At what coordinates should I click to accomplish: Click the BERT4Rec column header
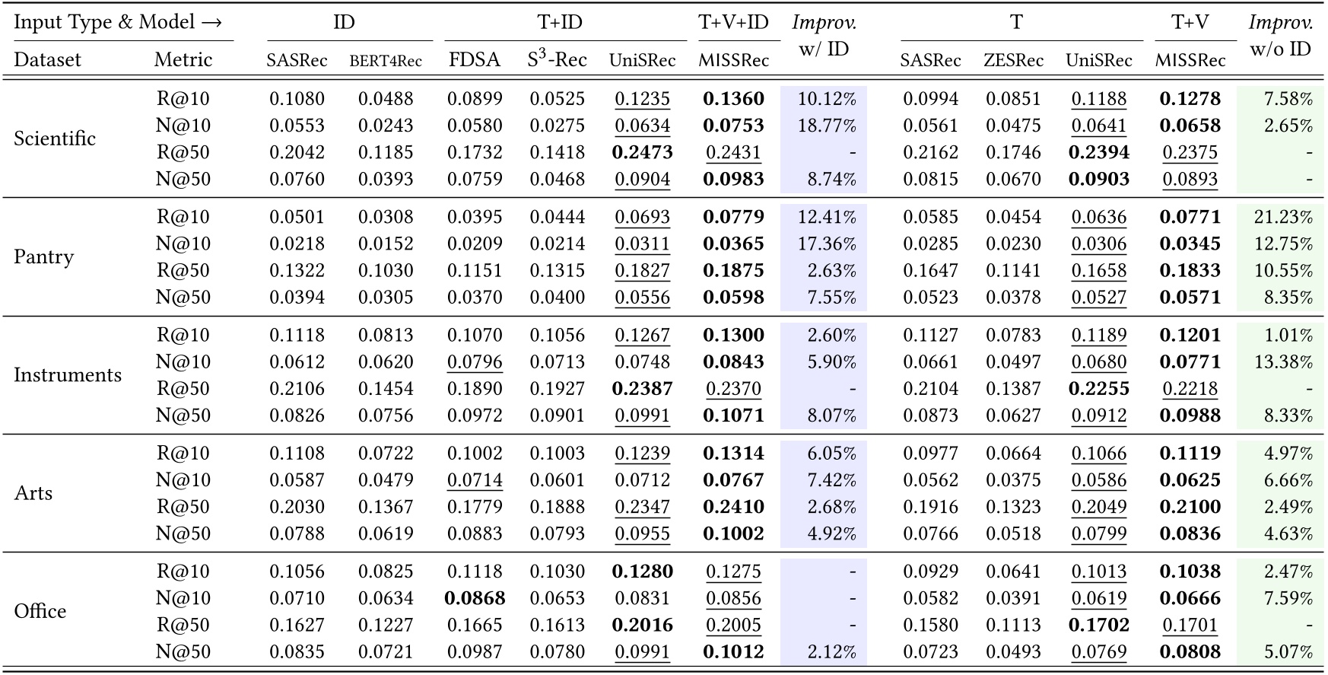386,61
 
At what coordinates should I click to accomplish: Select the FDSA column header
474,60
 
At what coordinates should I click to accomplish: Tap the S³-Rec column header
557,60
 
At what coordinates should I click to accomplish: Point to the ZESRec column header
1013,60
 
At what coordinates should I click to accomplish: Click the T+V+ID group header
733,22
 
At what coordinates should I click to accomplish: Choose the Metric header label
183,60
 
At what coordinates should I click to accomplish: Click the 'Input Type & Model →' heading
118,22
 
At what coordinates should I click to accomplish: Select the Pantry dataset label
44,257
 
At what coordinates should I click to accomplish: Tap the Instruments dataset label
68,375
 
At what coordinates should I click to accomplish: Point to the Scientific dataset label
55,139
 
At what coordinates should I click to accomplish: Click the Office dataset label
40,611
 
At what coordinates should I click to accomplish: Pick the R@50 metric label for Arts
183,507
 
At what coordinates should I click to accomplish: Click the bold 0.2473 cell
642,152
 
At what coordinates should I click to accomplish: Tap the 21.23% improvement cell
1283,217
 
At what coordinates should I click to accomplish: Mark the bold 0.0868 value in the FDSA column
475,598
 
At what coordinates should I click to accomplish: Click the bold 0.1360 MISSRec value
733,99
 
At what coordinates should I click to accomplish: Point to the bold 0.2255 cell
1098,389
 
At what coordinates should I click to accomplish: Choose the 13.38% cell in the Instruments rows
1283,362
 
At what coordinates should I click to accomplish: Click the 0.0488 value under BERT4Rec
386,99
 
